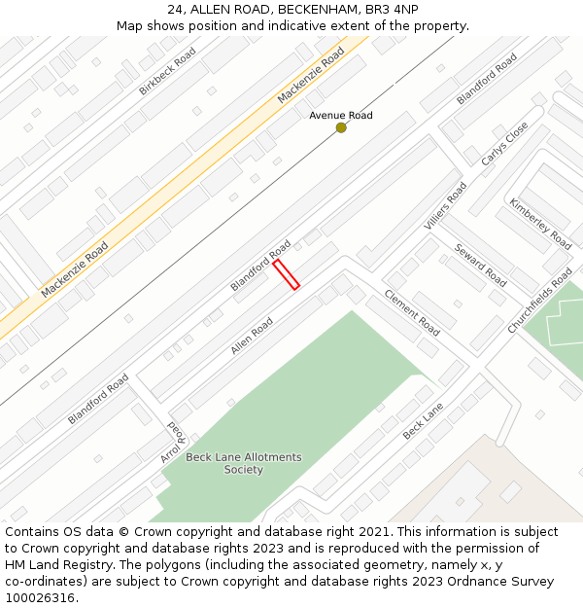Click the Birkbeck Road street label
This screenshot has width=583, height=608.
(167, 71)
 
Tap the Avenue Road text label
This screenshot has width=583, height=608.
(340, 116)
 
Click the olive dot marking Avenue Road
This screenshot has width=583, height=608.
(341, 127)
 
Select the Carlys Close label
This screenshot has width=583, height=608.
(504, 144)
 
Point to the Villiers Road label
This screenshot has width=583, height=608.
(445, 206)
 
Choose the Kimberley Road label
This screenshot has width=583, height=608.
(540, 223)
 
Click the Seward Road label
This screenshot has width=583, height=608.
(480, 265)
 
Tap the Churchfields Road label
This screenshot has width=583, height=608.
(540, 307)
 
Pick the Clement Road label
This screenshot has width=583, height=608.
(411, 312)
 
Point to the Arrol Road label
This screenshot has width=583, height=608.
(171, 442)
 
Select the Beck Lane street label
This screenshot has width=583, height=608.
(423, 420)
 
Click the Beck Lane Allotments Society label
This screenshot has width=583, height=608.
(244, 463)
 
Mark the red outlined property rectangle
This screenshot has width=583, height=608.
(286, 274)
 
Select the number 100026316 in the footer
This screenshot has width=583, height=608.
(40, 597)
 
